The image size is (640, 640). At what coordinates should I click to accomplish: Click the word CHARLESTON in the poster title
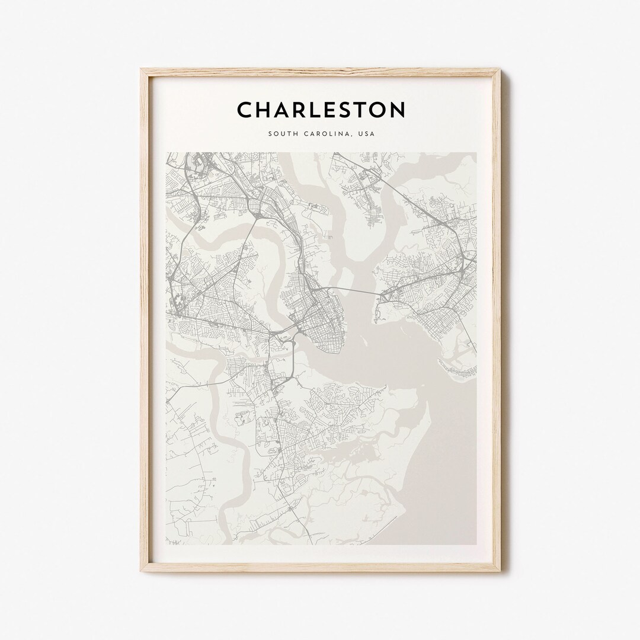[321, 110]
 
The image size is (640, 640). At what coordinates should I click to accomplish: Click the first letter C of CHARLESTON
[244, 110]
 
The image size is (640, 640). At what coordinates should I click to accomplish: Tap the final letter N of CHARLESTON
[398, 110]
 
